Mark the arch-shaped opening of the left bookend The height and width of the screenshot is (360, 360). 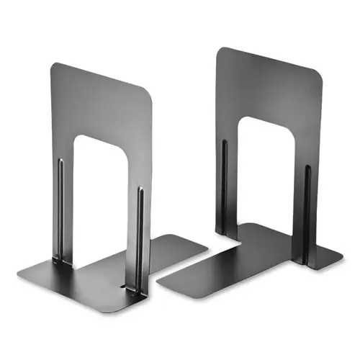(x=101, y=194)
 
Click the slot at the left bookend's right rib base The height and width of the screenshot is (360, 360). (x=132, y=288)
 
